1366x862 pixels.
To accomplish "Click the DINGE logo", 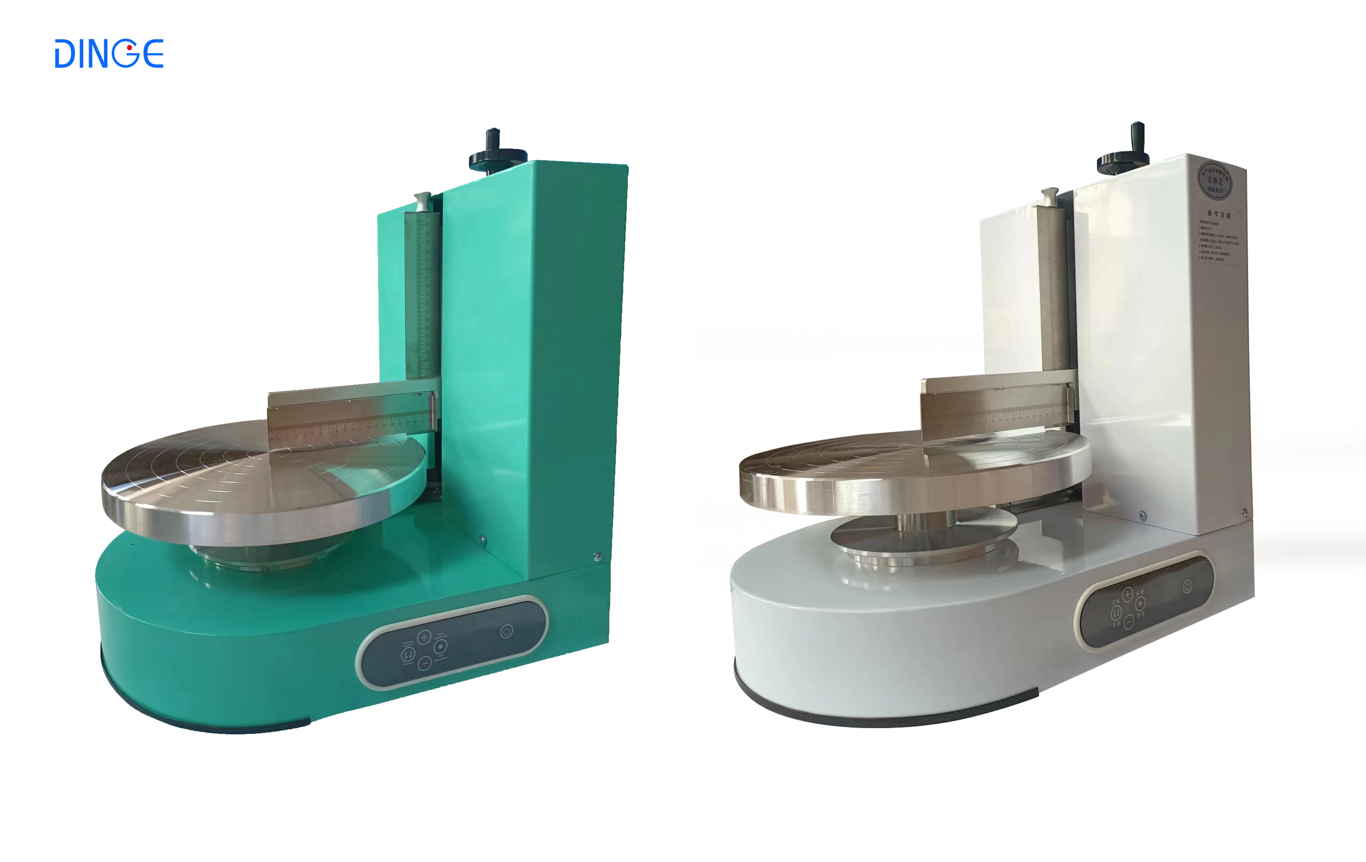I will [109, 54].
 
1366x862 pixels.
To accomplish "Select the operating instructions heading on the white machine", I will [1219, 214].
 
